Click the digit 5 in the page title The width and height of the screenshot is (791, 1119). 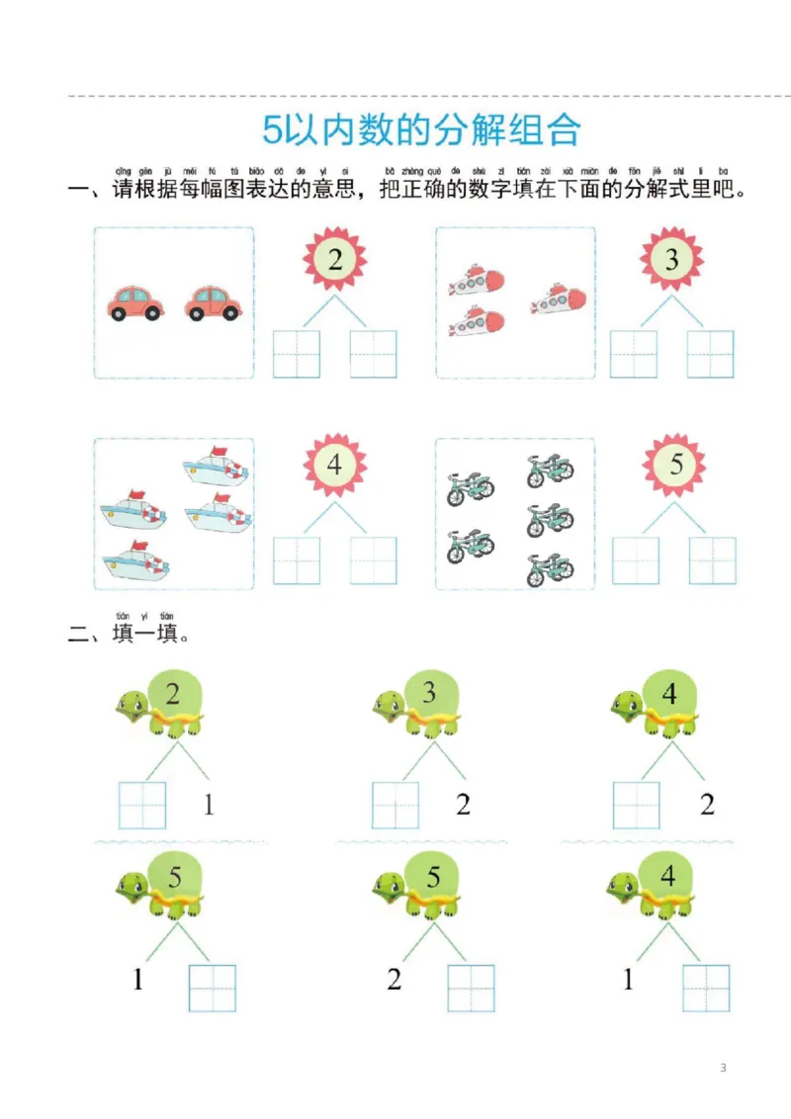(273, 129)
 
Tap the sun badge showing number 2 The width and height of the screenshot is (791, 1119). (335, 260)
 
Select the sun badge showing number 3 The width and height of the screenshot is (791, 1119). (672, 260)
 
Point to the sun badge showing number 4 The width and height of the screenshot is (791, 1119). (334, 464)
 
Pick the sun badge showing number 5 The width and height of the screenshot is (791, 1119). (675, 464)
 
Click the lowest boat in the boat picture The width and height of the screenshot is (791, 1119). (135, 563)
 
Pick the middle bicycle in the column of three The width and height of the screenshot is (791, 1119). (550, 518)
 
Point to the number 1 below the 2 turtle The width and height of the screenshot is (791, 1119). (209, 805)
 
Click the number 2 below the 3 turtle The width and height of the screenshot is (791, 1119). (464, 805)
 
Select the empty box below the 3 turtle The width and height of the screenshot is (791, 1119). (395, 805)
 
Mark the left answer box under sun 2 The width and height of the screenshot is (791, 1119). (297, 355)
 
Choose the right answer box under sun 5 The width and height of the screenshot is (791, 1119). (712, 560)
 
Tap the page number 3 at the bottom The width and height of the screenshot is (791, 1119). (724, 1068)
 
